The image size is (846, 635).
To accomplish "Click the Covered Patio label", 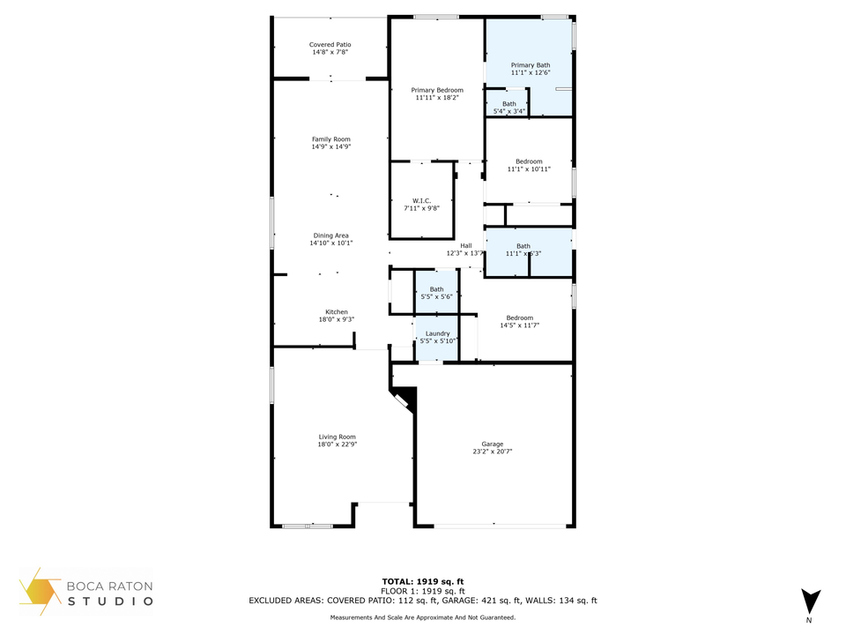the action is point(330,45).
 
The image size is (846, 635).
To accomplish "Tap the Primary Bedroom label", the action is point(437,90).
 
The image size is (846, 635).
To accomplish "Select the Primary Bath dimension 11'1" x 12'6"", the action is point(531,72).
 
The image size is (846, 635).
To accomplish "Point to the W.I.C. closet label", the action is point(422,201).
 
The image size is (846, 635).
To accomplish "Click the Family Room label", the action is point(331,139).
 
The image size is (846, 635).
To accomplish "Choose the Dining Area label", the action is point(330,235).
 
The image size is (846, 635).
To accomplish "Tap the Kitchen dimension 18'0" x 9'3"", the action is point(337,319).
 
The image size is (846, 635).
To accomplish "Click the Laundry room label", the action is point(438,333).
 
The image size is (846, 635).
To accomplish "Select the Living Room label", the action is point(338,437).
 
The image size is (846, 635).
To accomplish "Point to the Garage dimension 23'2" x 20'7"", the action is point(493,452).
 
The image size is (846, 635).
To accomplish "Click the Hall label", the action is point(466,246).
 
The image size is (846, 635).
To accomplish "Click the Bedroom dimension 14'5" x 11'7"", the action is point(520,325).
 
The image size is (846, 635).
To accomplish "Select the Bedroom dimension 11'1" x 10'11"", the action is point(529,169).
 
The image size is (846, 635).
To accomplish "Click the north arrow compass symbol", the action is point(811,601).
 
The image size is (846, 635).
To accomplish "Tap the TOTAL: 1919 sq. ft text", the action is point(423,581).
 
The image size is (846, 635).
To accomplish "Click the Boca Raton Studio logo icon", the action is point(40,592).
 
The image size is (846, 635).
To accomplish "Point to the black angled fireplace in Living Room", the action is point(404,400).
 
